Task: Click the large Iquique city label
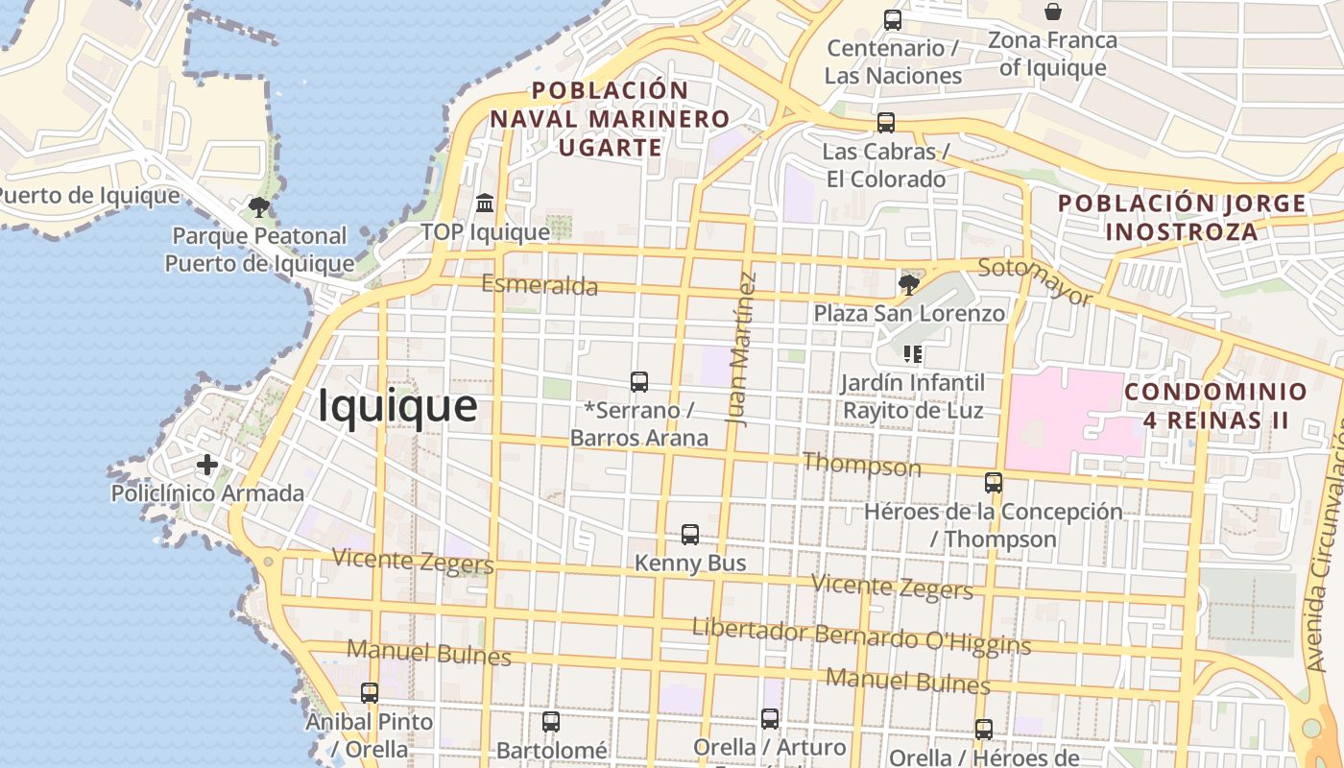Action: click(x=397, y=405)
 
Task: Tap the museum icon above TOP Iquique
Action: click(x=485, y=204)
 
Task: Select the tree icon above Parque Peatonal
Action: click(x=258, y=206)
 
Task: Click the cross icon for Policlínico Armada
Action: click(x=207, y=466)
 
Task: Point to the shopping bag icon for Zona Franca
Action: click(x=1053, y=12)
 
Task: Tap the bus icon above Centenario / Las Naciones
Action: click(x=893, y=19)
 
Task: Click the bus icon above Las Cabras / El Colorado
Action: click(x=886, y=123)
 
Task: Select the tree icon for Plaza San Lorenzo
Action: click(x=908, y=284)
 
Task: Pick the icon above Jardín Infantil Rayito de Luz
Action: click(x=913, y=354)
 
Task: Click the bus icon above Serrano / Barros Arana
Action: click(x=639, y=382)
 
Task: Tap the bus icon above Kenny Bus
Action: click(x=690, y=535)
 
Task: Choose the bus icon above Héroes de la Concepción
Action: click(x=994, y=483)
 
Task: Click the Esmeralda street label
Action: click(x=540, y=285)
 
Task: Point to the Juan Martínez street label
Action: click(x=741, y=348)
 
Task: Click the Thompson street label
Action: click(x=861, y=466)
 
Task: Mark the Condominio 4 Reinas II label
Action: click(x=1215, y=406)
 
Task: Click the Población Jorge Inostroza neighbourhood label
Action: click(x=1182, y=218)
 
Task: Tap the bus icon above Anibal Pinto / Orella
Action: click(x=370, y=692)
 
